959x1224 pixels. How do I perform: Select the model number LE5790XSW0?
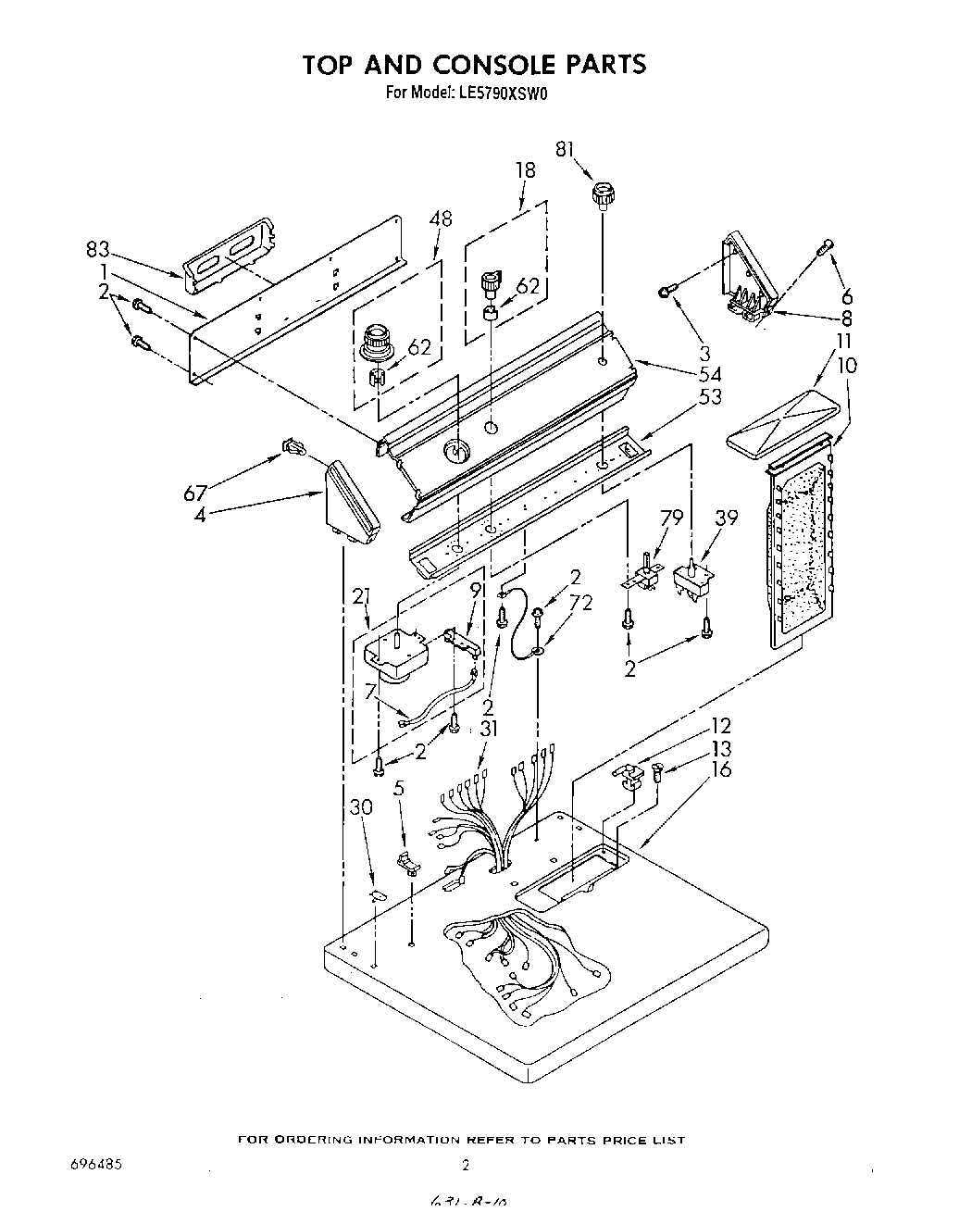[502, 93]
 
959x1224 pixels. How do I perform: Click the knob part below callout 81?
[604, 196]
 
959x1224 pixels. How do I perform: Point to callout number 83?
[97, 250]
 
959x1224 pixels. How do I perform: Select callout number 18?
[525, 169]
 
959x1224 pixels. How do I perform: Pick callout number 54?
[711, 374]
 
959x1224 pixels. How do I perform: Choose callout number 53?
[709, 397]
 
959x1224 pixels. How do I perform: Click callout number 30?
[362, 807]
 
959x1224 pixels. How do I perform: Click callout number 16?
[722, 770]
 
